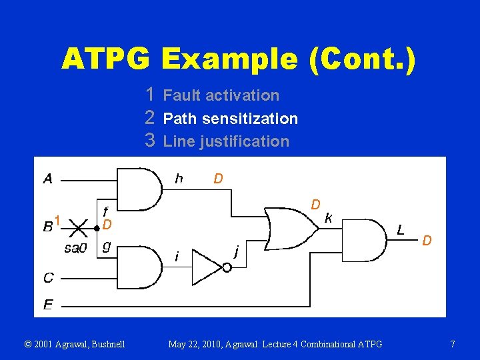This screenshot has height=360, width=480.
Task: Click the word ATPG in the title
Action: coord(107,59)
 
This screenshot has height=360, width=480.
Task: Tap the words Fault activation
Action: coord(221,95)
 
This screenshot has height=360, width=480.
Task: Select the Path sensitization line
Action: coord(230,119)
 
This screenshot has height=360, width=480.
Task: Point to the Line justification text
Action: coord(226,141)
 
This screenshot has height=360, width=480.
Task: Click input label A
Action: coord(48,178)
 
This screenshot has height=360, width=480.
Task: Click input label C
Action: coord(48,277)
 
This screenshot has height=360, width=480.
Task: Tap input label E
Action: coord(48,305)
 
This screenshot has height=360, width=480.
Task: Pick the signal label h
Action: coord(179,178)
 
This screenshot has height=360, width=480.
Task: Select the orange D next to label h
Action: coord(218,178)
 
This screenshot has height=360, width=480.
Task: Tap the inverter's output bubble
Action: coord(227,268)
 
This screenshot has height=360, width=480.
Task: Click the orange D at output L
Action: coord(427,239)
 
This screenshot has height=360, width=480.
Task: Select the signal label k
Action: coord(329,217)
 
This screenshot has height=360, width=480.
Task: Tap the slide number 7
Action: coord(453,344)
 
